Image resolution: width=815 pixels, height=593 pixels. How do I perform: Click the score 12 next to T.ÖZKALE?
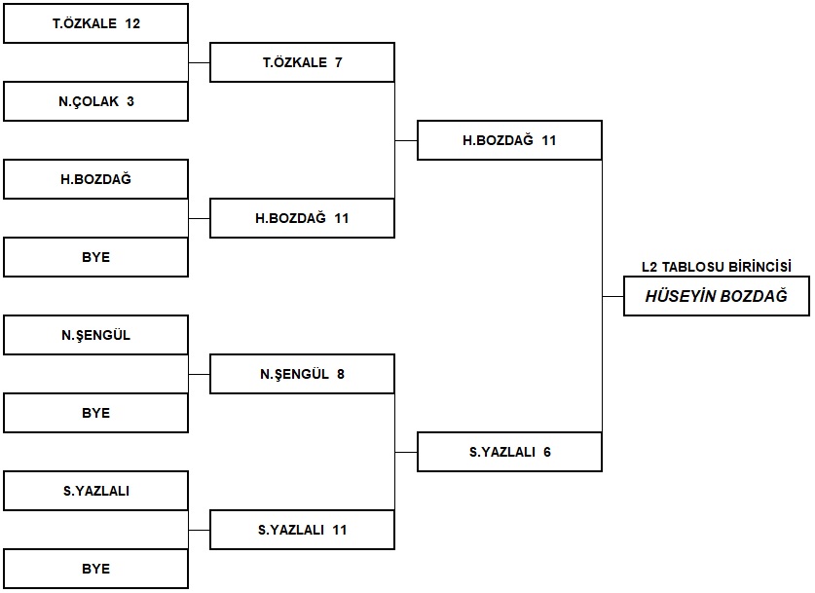(x=132, y=24)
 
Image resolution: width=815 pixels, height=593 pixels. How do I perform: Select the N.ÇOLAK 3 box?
(x=95, y=101)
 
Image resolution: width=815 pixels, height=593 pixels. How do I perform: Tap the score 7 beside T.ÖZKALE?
(x=339, y=62)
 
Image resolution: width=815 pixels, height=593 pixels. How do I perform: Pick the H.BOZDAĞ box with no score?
(x=95, y=179)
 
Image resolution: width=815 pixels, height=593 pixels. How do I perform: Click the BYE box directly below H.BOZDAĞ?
(x=95, y=257)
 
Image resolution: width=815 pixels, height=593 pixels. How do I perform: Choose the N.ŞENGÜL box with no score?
(x=95, y=335)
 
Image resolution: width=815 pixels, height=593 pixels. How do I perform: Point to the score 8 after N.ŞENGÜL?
(x=341, y=374)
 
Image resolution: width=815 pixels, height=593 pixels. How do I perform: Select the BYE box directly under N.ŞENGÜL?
(x=95, y=413)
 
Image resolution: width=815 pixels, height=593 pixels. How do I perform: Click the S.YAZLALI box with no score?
(x=95, y=491)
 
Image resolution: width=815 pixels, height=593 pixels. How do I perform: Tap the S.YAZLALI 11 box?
(x=302, y=530)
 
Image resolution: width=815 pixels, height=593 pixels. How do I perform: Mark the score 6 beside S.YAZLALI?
(x=547, y=452)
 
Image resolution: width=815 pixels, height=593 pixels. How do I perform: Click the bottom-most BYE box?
(x=95, y=569)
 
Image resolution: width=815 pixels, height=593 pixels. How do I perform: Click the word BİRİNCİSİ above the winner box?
(x=759, y=267)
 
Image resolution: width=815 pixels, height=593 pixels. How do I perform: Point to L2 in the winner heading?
(x=649, y=267)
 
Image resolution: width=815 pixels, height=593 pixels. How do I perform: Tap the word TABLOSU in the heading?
(x=693, y=267)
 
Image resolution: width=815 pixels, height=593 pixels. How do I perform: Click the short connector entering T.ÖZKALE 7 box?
(x=199, y=63)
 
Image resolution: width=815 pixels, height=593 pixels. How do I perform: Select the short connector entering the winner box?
(x=612, y=297)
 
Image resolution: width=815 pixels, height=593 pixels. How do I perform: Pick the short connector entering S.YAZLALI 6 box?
(x=406, y=453)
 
